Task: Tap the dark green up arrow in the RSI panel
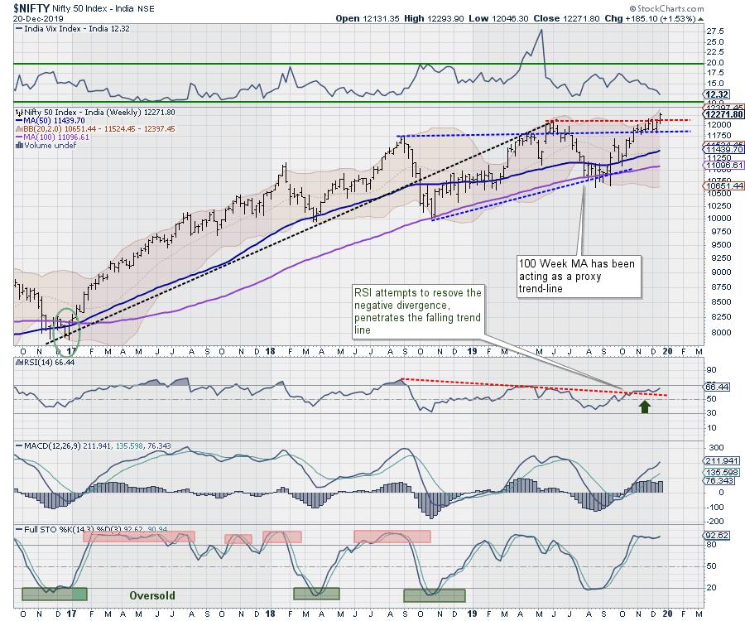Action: [x=644, y=407]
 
